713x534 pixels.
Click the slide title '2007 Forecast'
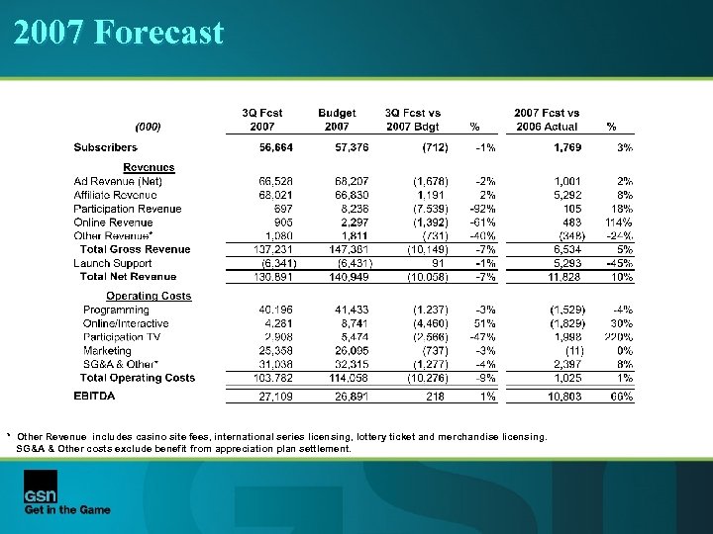[x=119, y=33]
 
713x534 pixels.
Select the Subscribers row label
[x=106, y=147]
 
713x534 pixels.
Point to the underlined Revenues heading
[x=149, y=167]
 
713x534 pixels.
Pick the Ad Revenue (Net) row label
[x=118, y=181]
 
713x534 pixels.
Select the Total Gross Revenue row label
[x=135, y=249]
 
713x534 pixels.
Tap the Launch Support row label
[x=113, y=263]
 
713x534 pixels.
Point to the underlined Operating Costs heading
[x=149, y=296]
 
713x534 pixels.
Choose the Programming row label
[x=116, y=310]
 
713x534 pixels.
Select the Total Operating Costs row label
[x=138, y=378]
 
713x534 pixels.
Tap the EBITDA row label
[x=94, y=397]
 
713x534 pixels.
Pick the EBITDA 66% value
[x=620, y=397]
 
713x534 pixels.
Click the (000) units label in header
[x=148, y=127]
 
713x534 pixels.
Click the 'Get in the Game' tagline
[x=67, y=509]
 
